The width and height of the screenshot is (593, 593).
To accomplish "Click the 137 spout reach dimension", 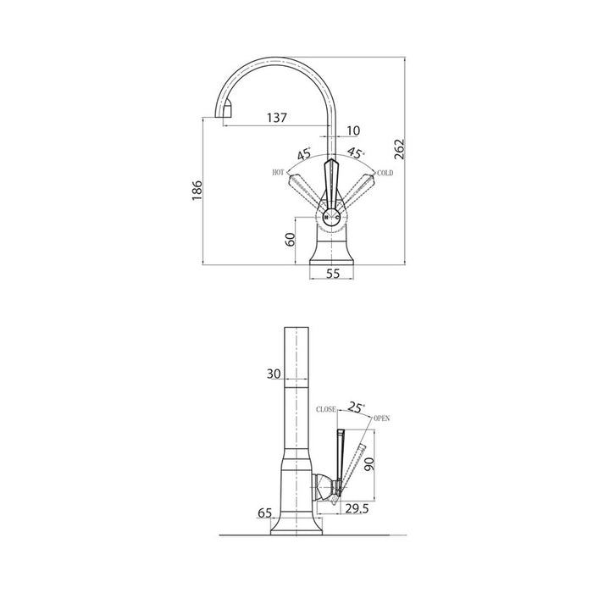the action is click(x=277, y=118).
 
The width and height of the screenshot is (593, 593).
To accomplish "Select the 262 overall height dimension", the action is click(x=399, y=149).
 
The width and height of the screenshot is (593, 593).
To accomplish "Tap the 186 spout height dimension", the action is click(x=197, y=191).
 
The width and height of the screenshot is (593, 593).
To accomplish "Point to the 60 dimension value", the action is click(x=290, y=240).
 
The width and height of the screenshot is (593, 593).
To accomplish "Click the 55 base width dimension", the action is click(x=333, y=274).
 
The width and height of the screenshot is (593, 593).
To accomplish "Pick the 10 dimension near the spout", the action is click(x=353, y=130).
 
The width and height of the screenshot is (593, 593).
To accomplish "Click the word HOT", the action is click(x=278, y=173).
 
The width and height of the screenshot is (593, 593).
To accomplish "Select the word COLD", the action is click(x=385, y=173).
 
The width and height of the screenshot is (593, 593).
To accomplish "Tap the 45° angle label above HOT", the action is click(x=304, y=153).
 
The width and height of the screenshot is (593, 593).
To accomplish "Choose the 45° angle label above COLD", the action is click(x=357, y=152).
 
